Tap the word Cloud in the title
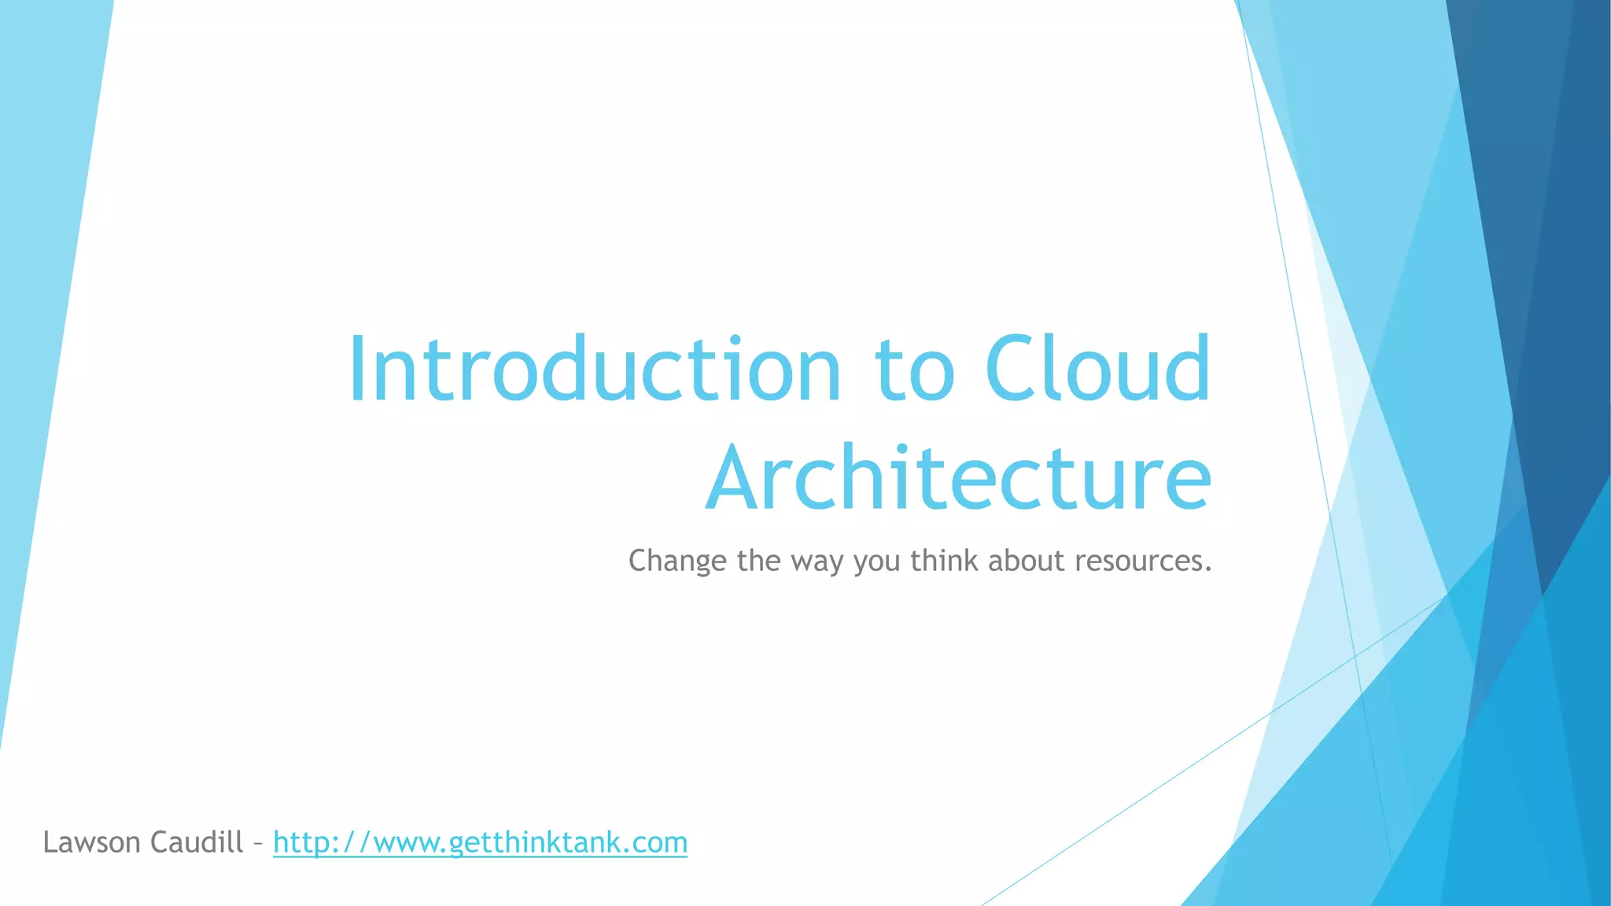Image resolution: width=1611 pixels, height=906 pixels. point(1097,370)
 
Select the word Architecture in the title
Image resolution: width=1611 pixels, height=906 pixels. point(958,478)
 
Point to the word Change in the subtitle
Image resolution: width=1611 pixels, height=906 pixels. point(677,562)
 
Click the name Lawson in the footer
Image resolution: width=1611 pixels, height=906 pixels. point(91,842)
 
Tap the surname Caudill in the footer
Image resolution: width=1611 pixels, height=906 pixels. point(197,842)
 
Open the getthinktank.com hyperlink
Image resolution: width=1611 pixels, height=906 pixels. point(480,843)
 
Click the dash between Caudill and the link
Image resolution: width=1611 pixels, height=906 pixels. point(258,845)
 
